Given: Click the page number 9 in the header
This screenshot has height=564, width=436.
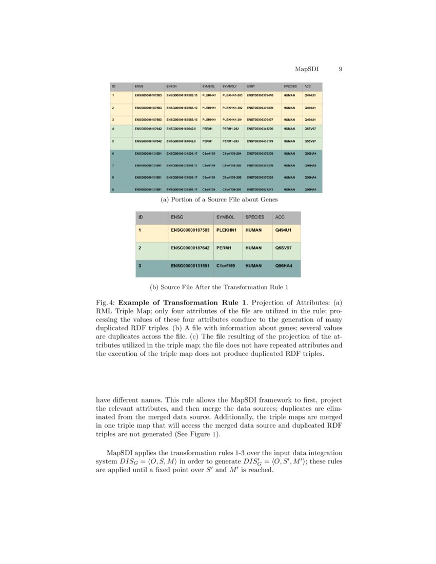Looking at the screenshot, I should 341,69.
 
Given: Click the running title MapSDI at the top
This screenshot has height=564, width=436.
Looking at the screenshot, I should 306,69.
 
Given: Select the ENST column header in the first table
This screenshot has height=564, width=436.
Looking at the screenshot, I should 251,87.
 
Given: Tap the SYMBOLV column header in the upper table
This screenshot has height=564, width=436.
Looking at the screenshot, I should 228,87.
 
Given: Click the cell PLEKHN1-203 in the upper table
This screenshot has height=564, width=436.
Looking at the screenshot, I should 232,95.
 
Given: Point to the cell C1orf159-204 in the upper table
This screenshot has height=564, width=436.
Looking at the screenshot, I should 232,153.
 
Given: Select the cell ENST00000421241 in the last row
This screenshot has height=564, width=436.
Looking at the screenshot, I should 260,190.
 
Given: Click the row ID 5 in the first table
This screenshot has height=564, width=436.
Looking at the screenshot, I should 113,140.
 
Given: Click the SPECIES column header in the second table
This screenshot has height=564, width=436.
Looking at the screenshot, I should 254,217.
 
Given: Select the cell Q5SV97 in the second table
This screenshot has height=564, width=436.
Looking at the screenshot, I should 283,248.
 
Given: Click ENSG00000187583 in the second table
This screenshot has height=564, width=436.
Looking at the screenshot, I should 190,230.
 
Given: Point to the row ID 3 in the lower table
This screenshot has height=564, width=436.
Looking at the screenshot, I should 140,266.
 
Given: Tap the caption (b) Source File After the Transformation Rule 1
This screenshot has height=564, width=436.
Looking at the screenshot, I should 218,287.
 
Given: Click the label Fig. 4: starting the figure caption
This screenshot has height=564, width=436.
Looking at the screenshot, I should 106,303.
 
